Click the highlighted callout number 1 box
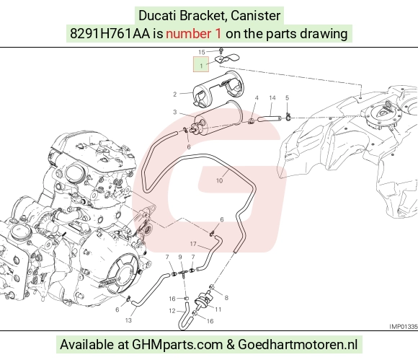tap(201, 64)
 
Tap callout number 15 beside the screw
tap(202, 52)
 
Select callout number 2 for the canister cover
tap(175, 95)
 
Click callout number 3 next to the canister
tap(175, 112)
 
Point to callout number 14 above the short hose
tap(272, 98)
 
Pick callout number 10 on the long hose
tap(219, 180)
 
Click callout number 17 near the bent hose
tap(193, 244)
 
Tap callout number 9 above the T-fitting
tap(180, 257)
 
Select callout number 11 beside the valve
tap(218, 309)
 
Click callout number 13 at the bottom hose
tap(128, 320)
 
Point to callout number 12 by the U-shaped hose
tap(172, 311)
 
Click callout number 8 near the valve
tap(226, 298)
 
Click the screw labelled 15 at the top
tap(221, 51)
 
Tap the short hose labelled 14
tap(269, 118)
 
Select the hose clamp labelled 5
tap(288, 116)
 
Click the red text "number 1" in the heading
tap(194, 34)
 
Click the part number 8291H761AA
tap(110, 34)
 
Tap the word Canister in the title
tap(255, 15)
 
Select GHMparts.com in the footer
tap(177, 344)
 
